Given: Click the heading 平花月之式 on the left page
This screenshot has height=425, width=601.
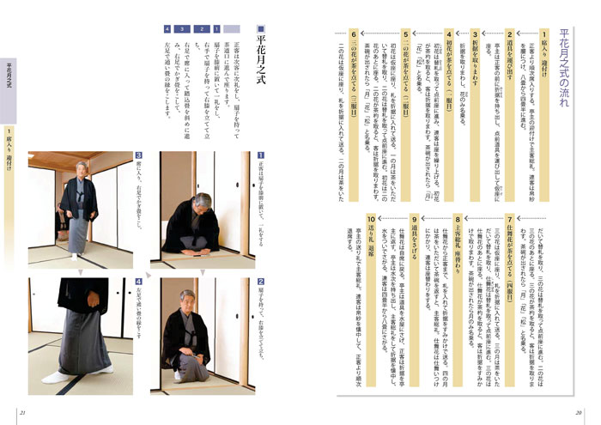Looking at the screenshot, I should coord(261,60).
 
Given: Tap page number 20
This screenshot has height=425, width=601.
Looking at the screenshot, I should coord(580,409).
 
